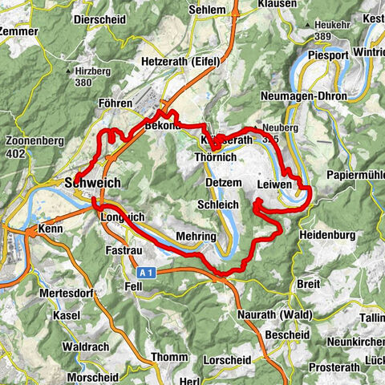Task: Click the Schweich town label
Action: coord(93,183)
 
